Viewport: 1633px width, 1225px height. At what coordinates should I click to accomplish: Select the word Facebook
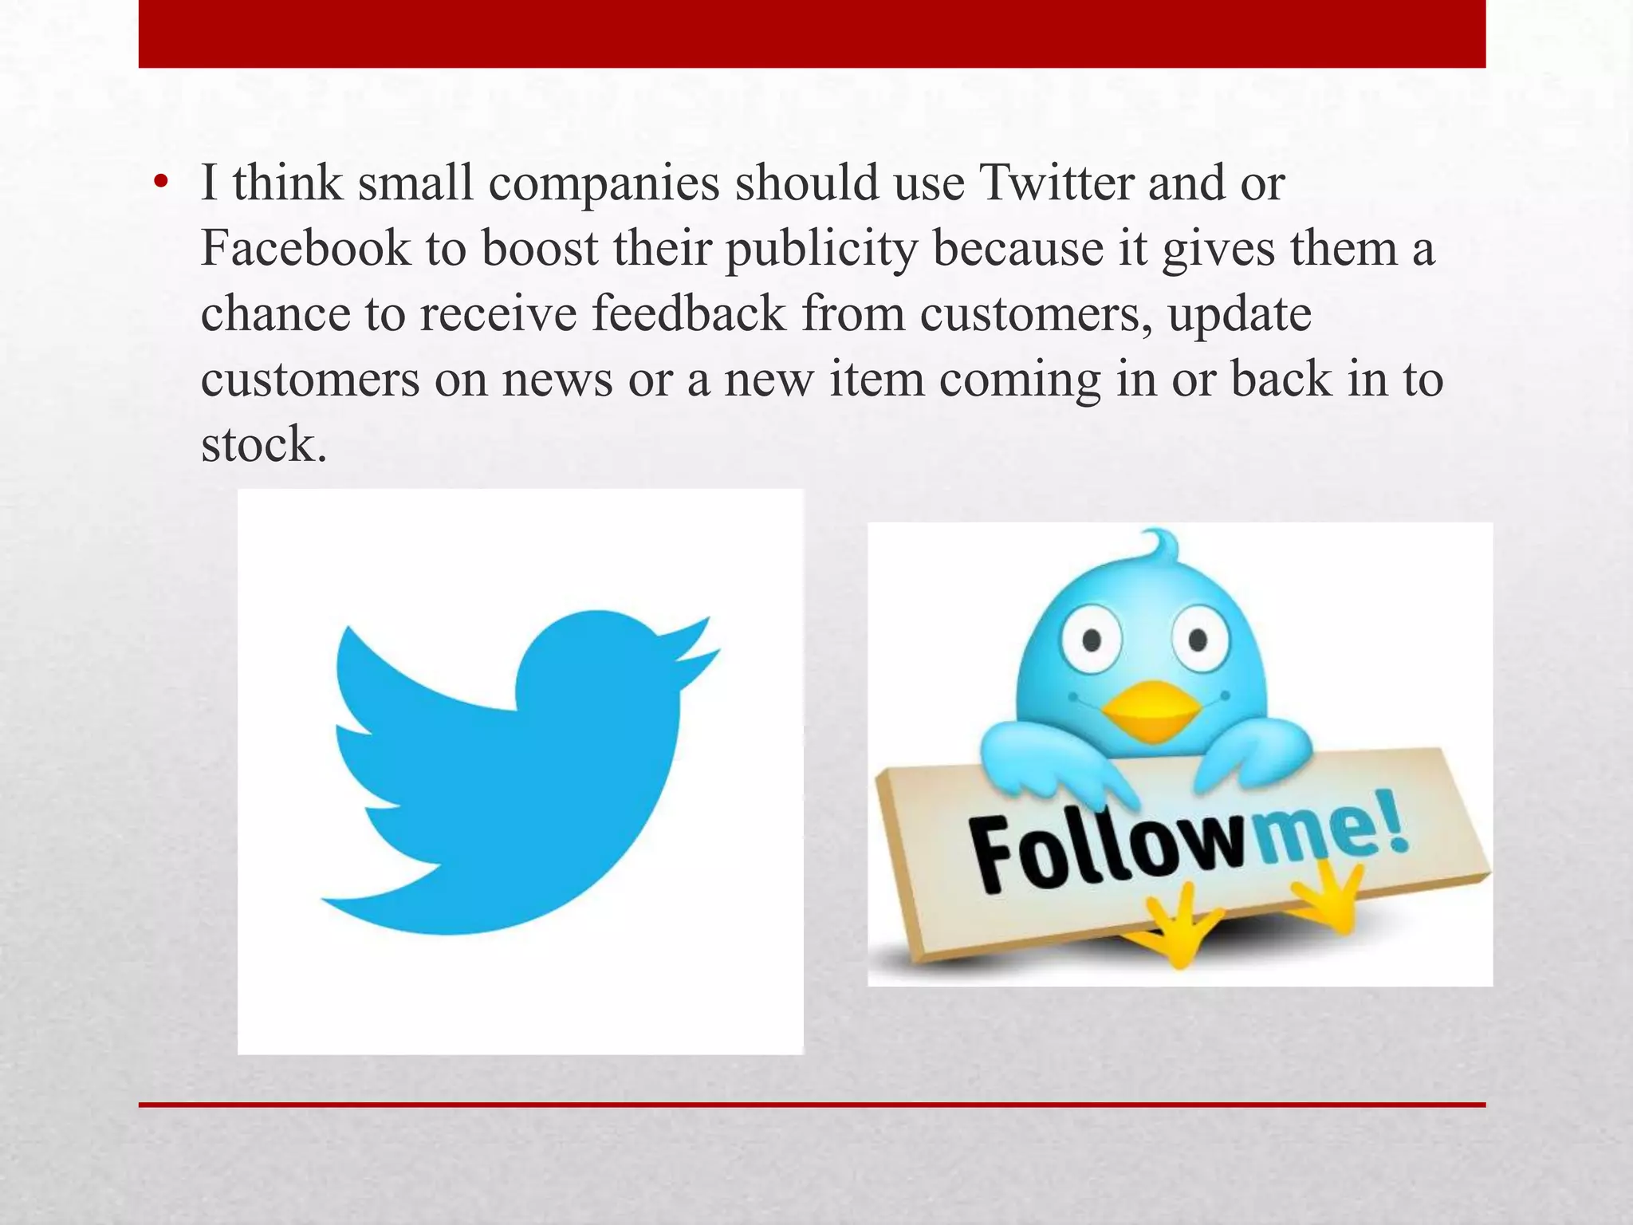(x=305, y=249)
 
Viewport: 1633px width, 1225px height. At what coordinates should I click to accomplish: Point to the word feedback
(x=689, y=313)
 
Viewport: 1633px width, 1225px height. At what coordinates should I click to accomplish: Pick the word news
(x=557, y=380)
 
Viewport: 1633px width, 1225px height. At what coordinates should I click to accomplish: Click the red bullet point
(x=162, y=183)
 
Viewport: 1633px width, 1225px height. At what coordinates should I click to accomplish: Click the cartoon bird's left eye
(x=1092, y=639)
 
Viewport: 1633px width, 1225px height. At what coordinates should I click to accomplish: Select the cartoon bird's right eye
(x=1198, y=638)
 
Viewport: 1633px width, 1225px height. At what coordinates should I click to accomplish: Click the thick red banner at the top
(x=812, y=33)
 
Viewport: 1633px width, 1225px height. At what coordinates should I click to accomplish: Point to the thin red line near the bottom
(x=812, y=1105)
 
